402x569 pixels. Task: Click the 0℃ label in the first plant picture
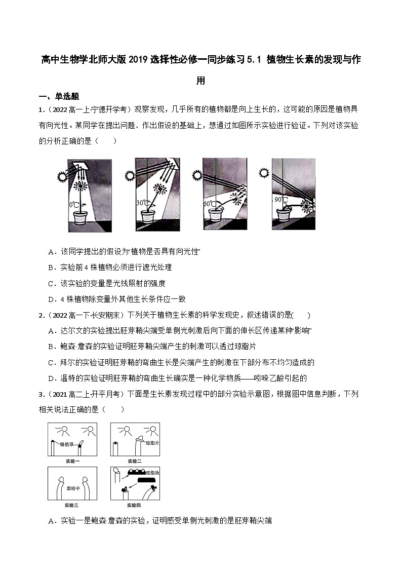tap(73, 205)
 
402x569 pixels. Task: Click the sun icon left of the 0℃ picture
tap(63, 176)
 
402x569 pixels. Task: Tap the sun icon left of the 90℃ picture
tap(263, 173)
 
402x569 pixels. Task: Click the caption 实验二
tap(135, 461)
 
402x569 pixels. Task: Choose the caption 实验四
tap(135, 505)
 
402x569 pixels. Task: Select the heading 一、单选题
tap(59, 97)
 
